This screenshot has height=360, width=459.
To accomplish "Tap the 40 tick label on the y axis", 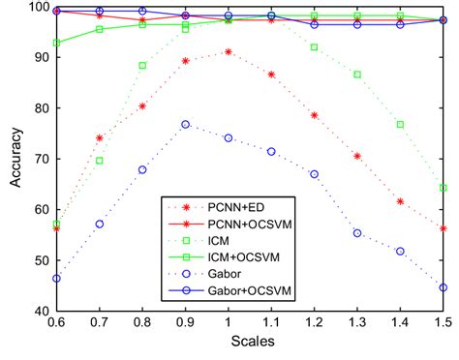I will point(38,312).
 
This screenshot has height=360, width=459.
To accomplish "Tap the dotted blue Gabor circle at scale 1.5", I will point(443,287).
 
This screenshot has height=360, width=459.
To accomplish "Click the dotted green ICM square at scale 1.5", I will point(443,188).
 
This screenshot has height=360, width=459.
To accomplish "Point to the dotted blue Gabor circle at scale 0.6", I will point(56,278).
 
